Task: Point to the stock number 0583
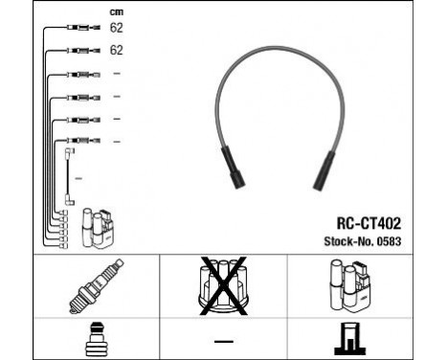[390, 240]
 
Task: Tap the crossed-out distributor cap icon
[223, 285]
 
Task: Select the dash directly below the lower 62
[116, 73]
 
